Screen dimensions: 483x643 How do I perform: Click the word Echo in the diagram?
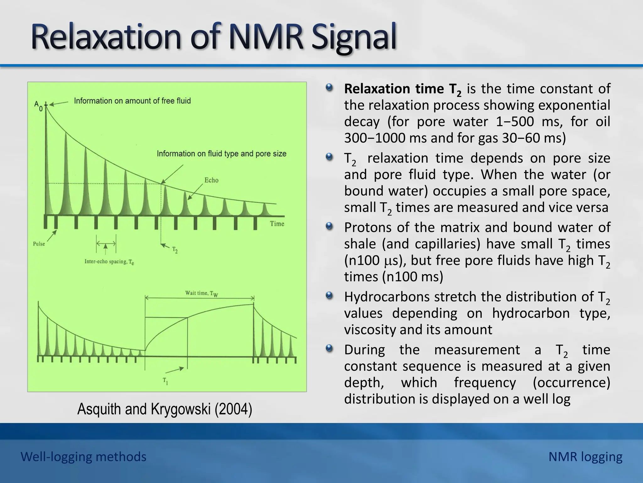(x=211, y=180)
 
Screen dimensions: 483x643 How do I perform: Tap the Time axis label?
(x=277, y=224)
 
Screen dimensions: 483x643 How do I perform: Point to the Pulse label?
(x=39, y=244)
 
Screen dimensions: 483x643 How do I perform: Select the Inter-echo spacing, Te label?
(x=109, y=262)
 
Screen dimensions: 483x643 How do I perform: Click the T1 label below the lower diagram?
(x=165, y=381)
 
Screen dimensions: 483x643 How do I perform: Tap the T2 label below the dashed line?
(x=175, y=250)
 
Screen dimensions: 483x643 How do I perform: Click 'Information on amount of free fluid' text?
(x=132, y=101)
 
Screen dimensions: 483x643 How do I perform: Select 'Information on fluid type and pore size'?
(x=221, y=154)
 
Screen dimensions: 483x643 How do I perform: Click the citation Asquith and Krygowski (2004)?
(x=165, y=409)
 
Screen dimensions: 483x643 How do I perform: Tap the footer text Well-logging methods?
(x=84, y=457)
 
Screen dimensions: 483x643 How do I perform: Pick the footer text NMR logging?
(x=585, y=457)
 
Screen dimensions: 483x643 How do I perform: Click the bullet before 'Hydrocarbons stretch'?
(x=329, y=295)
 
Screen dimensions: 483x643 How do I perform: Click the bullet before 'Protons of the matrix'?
(x=329, y=226)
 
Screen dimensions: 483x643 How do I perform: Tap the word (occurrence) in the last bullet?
(x=571, y=383)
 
